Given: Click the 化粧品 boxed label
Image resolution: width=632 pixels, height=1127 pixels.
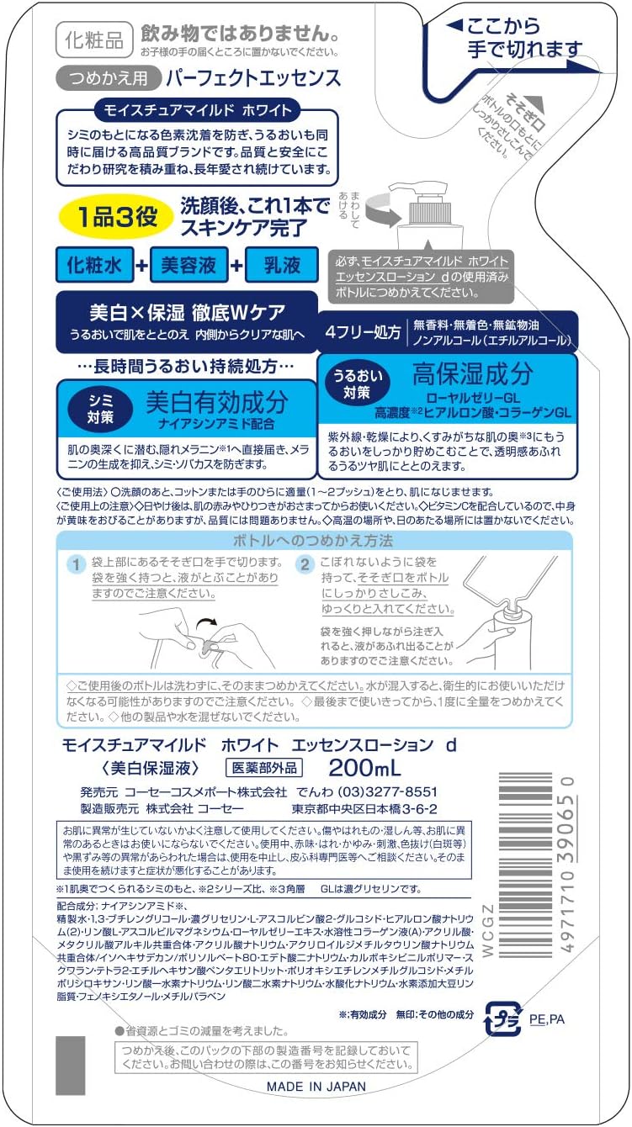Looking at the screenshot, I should pos(93,40).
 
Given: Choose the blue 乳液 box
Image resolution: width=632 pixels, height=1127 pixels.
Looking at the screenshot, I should pos(280,266).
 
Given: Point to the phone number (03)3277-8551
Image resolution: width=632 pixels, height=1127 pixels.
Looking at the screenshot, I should pos(387,792).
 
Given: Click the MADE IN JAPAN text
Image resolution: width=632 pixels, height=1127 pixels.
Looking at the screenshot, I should pos(316,1087).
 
